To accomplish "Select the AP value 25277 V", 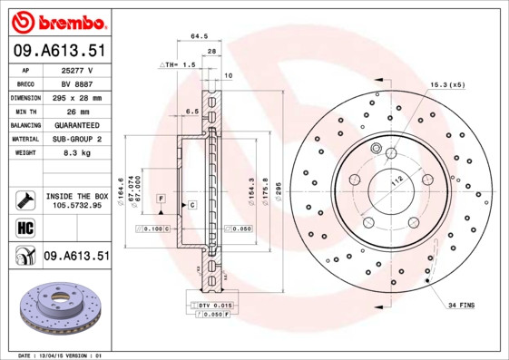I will point(77,70).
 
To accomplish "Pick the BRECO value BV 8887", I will point(77,83).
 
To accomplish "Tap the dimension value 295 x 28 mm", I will point(77,97).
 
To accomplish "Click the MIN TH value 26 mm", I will point(77,111).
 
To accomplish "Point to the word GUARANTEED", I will point(77,125).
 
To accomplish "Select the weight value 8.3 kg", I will point(77,153).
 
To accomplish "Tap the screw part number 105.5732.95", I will point(77,206).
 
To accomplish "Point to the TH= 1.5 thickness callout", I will point(178,65).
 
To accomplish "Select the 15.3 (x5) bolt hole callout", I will point(447,84).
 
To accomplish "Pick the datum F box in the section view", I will point(160,197).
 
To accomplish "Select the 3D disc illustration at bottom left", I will point(56,310).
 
